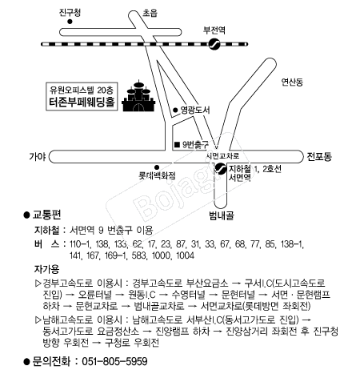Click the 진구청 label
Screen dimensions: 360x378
point(70,13)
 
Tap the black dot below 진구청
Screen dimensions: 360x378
point(70,22)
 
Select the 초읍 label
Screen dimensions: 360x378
point(150,13)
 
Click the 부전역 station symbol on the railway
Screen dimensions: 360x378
point(214,44)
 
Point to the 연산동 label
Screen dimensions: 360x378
point(292,82)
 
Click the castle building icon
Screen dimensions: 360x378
point(138,96)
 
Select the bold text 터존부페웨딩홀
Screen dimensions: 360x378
point(82,102)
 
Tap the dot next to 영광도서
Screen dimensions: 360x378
point(175,110)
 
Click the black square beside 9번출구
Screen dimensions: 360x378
point(177,144)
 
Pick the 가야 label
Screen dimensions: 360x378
point(38,156)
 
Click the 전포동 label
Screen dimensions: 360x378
point(319,156)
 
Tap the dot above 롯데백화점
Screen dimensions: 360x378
point(157,167)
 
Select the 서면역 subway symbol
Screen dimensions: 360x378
point(221,168)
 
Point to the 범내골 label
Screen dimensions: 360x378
point(222,215)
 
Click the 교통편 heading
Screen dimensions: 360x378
point(46,214)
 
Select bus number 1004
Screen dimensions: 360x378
point(185,255)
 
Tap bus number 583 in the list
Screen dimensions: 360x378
point(138,255)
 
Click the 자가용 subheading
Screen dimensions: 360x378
point(46,269)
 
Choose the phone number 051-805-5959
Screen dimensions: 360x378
point(114,361)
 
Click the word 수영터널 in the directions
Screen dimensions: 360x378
point(189,295)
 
